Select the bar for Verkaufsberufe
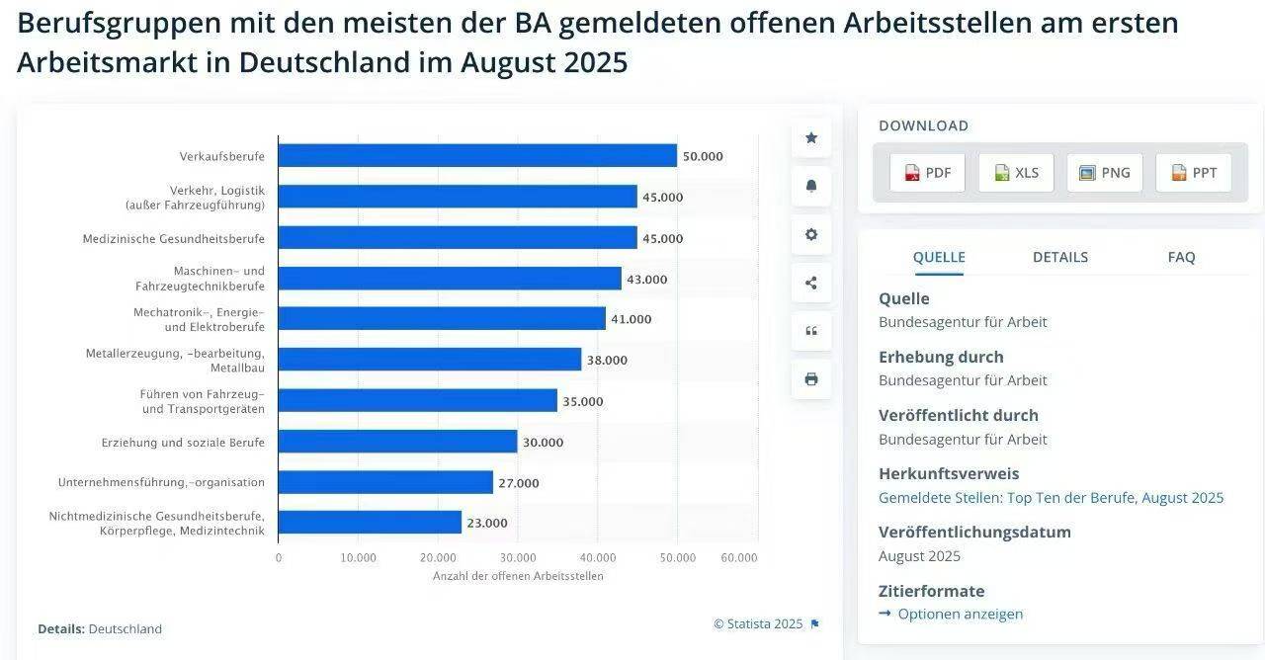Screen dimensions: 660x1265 click(x=477, y=156)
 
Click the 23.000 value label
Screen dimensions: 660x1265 click(x=487, y=524)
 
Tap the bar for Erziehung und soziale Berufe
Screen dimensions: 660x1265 click(x=397, y=442)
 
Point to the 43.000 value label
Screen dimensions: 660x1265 click(x=647, y=280)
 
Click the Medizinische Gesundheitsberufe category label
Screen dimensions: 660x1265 click(x=173, y=238)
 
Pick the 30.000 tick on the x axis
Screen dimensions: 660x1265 click(x=518, y=557)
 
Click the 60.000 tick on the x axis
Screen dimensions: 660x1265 click(x=739, y=557)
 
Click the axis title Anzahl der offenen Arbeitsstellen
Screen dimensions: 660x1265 click(x=518, y=576)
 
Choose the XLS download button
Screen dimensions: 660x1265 click(x=1016, y=173)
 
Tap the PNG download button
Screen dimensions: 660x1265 click(x=1105, y=173)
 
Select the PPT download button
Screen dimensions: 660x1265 click(x=1194, y=173)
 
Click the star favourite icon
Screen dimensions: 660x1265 click(x=811, y=138)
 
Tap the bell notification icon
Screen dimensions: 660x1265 click(x=811, y=186)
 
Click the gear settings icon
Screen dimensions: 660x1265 click(x=811, y=234)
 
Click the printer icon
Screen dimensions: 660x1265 click(x=811, y=379)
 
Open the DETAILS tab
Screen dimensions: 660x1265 click(x=1060, y=257)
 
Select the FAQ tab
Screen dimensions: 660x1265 click(x=1181, y=257)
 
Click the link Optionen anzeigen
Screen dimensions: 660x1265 click(x=960, y=614)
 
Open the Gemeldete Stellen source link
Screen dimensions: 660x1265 click(x=1051, y=498)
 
